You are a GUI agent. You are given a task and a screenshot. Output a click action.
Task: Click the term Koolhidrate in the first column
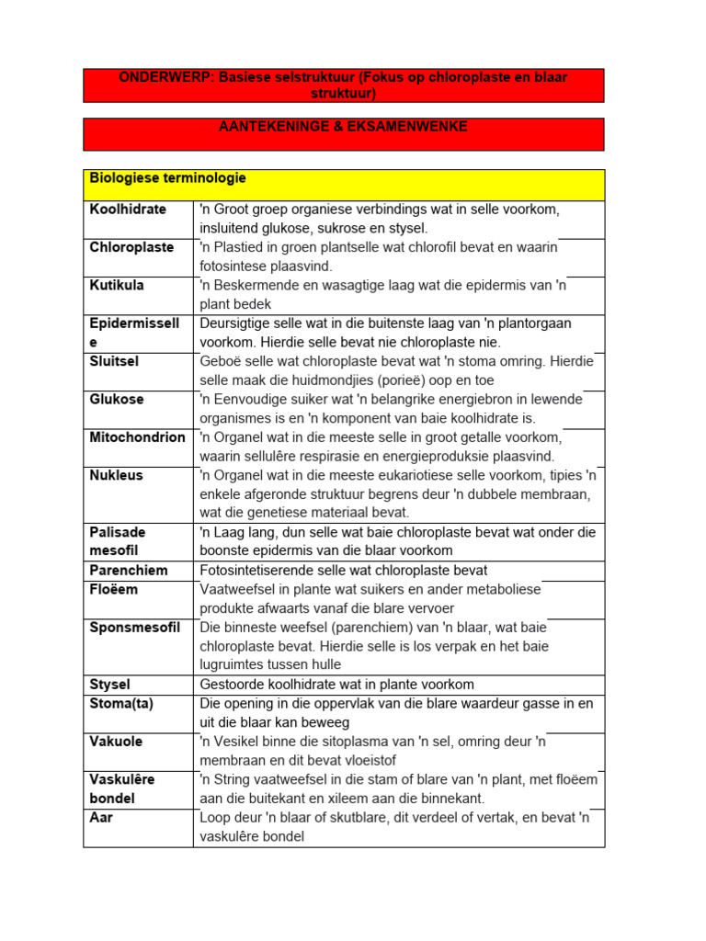tap(128, 210)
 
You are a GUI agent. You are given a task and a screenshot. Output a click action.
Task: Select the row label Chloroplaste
tap(131, 247)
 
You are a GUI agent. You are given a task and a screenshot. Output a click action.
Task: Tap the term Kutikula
tap(117, 285)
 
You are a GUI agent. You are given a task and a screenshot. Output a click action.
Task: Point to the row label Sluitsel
tap(114, 361)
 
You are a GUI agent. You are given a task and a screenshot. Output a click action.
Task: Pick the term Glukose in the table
tap(117, 400)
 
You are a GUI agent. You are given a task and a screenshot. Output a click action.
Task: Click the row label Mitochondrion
tap(137, 437)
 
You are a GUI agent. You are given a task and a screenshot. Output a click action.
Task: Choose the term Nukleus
tap(116, 475)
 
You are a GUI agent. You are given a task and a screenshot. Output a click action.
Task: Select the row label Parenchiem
tap(129, 571)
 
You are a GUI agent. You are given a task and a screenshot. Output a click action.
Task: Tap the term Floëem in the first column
tap(113, 589)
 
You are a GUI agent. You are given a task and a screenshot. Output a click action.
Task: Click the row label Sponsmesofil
tap(135, 628)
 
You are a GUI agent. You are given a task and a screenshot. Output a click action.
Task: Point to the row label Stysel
tap(109, 685)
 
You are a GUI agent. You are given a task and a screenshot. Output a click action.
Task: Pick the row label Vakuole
tap(116, 742)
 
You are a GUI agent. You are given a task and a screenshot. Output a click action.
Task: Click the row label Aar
tap(101, 817)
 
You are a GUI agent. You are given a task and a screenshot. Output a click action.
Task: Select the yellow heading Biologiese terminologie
tap(167, 177)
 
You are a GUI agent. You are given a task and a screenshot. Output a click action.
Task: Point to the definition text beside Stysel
tap(336, 685)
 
